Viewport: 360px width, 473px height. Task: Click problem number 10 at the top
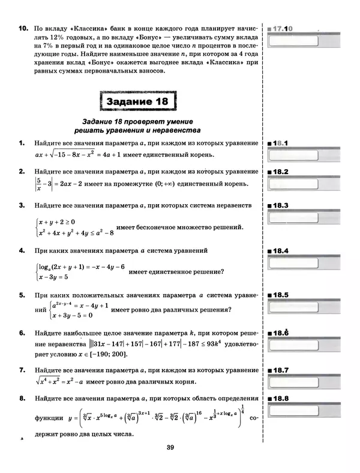tap(22, 28)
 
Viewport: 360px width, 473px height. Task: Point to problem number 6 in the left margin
tap(22, 333)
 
